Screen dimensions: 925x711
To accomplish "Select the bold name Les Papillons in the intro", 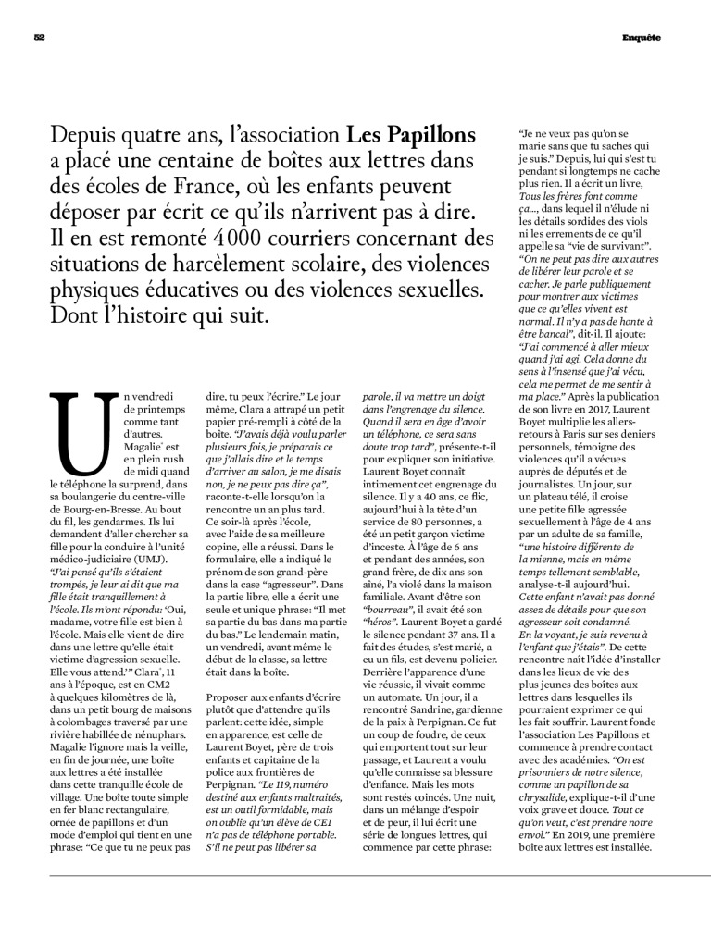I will coord(411,136).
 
